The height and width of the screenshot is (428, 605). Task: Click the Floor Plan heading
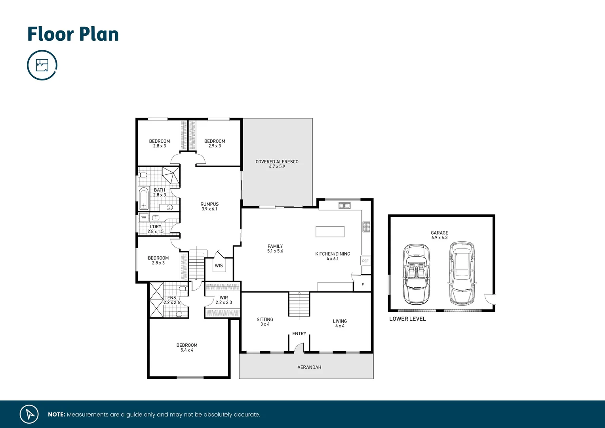(73, 34)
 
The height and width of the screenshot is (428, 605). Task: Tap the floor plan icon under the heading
(42, 65)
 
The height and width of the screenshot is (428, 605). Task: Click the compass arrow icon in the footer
(29, 414)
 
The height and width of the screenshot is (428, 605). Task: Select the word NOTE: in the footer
(56, 415)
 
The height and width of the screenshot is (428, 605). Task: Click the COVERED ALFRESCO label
(277, 162)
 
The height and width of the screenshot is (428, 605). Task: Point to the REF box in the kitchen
(365, 261)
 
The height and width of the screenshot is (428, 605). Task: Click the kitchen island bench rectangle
(330, 231)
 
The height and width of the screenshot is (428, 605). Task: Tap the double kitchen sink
(344, 205)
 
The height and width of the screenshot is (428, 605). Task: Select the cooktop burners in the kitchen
(366, 227)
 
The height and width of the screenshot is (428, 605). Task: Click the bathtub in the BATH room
(143, 198)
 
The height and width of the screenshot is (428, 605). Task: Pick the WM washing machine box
(144, 218)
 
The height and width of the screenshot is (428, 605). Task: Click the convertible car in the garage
(416, 274)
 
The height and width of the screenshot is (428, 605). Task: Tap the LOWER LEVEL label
(407, 319)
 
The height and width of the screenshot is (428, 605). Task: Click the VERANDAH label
(309, 367)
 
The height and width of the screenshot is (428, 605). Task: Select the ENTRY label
(299, 334)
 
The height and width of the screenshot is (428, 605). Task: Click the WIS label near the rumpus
(219, 266)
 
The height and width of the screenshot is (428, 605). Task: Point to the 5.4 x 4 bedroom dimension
(187, 350)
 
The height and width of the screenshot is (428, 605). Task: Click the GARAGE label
(439, 233)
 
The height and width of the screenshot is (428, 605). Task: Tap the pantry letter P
(363, 285)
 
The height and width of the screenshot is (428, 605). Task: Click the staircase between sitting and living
(299, 304)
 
